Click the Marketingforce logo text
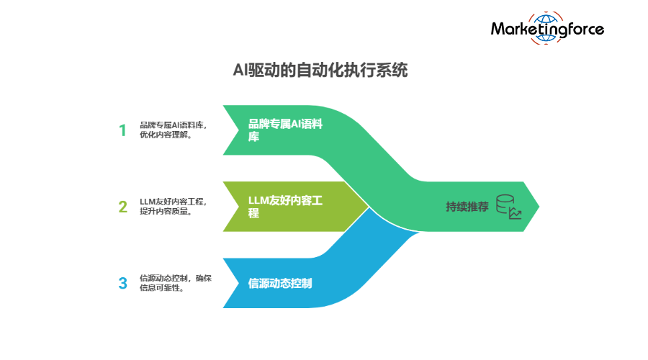[x=547, y=30]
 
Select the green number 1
[x=122, y=130]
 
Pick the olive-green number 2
[x=122, y=207]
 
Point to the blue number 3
[x=122, y=283]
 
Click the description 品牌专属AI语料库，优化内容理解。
[x=174, y=130]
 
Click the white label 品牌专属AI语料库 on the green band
[x=285, y=130]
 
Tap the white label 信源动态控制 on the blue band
[x=280, y=283]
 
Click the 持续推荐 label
[x=467, y=207]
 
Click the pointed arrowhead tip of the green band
[x=539, y=207]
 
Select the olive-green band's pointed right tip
[x=368, y=207]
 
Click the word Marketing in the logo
[x=527, y=30]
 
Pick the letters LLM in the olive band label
[x=258, y=199]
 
